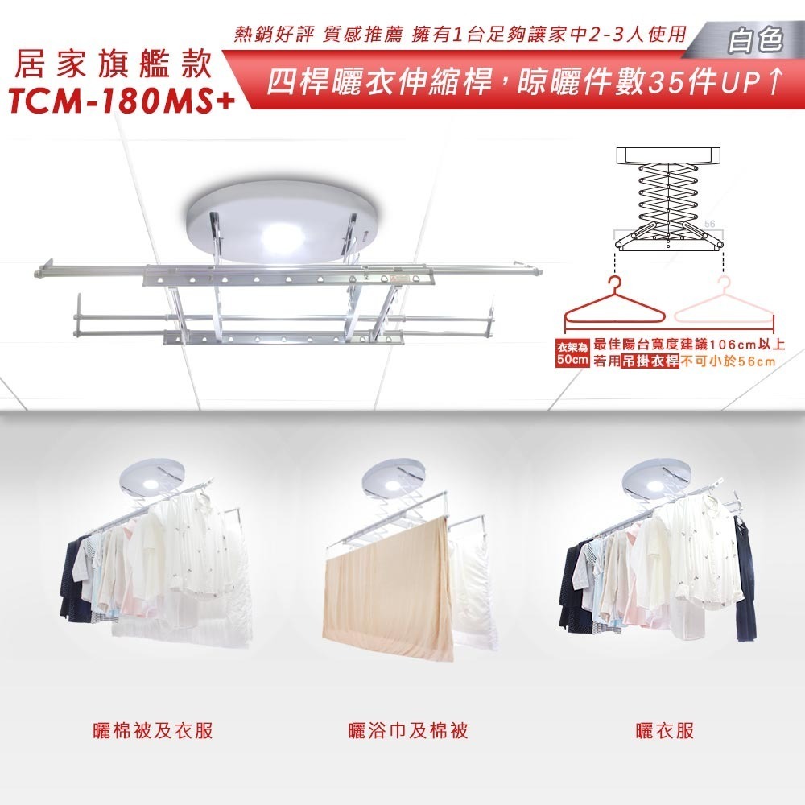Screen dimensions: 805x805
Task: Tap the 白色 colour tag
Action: tap(754, 40)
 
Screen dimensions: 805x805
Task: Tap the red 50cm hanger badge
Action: tap(572, 354)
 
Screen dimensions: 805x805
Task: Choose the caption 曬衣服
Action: tap(664, 730)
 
